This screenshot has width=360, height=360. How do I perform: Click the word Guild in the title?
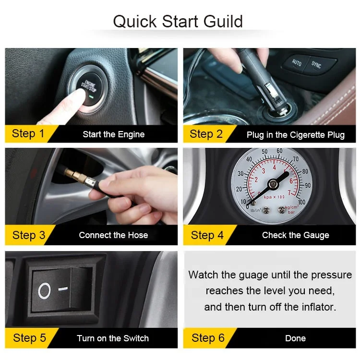223,21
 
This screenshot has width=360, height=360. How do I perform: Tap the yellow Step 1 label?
28,133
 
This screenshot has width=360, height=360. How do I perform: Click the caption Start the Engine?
114,134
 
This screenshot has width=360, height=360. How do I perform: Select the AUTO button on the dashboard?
297,62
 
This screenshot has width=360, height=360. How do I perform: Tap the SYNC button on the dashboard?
316,65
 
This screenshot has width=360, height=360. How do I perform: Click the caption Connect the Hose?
113,235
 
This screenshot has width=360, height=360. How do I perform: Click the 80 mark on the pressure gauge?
305,171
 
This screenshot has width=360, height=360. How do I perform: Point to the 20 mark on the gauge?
239,189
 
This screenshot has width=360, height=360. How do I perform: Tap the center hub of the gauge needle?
273,184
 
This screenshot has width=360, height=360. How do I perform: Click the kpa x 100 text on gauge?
274,197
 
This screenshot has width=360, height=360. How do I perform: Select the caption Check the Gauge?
296,235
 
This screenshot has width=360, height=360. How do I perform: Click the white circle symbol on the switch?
44,291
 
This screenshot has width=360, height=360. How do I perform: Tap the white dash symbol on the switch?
63,288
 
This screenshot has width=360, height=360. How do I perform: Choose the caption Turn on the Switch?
113,338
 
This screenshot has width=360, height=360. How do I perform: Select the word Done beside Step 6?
296,338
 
